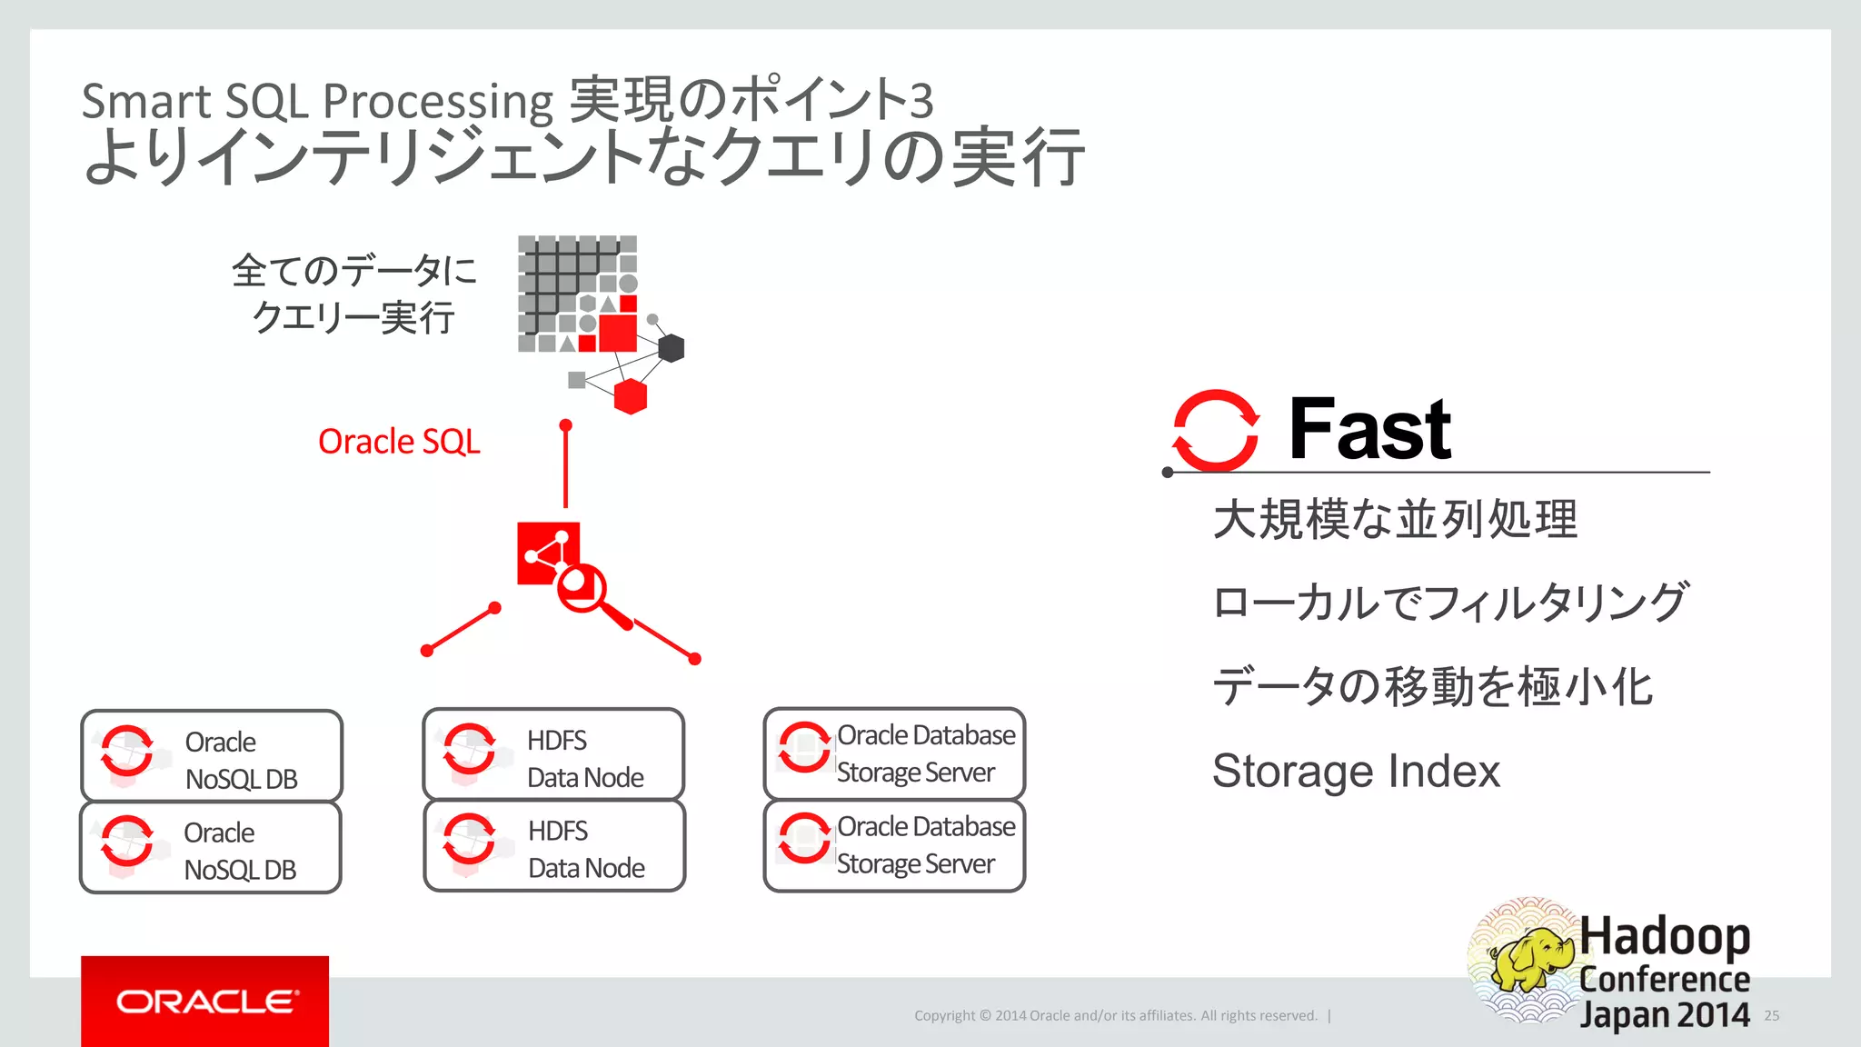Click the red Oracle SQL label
(399, 442)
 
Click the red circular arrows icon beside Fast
(1216, 430)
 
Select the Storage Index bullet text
(1356, 771)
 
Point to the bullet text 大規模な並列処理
(1395, 519)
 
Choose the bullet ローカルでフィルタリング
(1450, 603)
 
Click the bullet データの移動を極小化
(1432, 687)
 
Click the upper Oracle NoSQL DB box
(212, 756)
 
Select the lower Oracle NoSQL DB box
(211, 848)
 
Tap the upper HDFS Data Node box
(553, 754)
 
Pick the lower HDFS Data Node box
(554, 846)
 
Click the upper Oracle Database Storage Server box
(895, 753)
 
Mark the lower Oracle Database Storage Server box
(895, 845)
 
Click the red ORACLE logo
(205, 1002)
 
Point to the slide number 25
(1772, 1015)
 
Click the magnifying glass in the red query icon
(582, 588)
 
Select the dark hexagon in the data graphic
(671, 348)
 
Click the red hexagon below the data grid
(630, 396)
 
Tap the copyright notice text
(1116, 1015)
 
